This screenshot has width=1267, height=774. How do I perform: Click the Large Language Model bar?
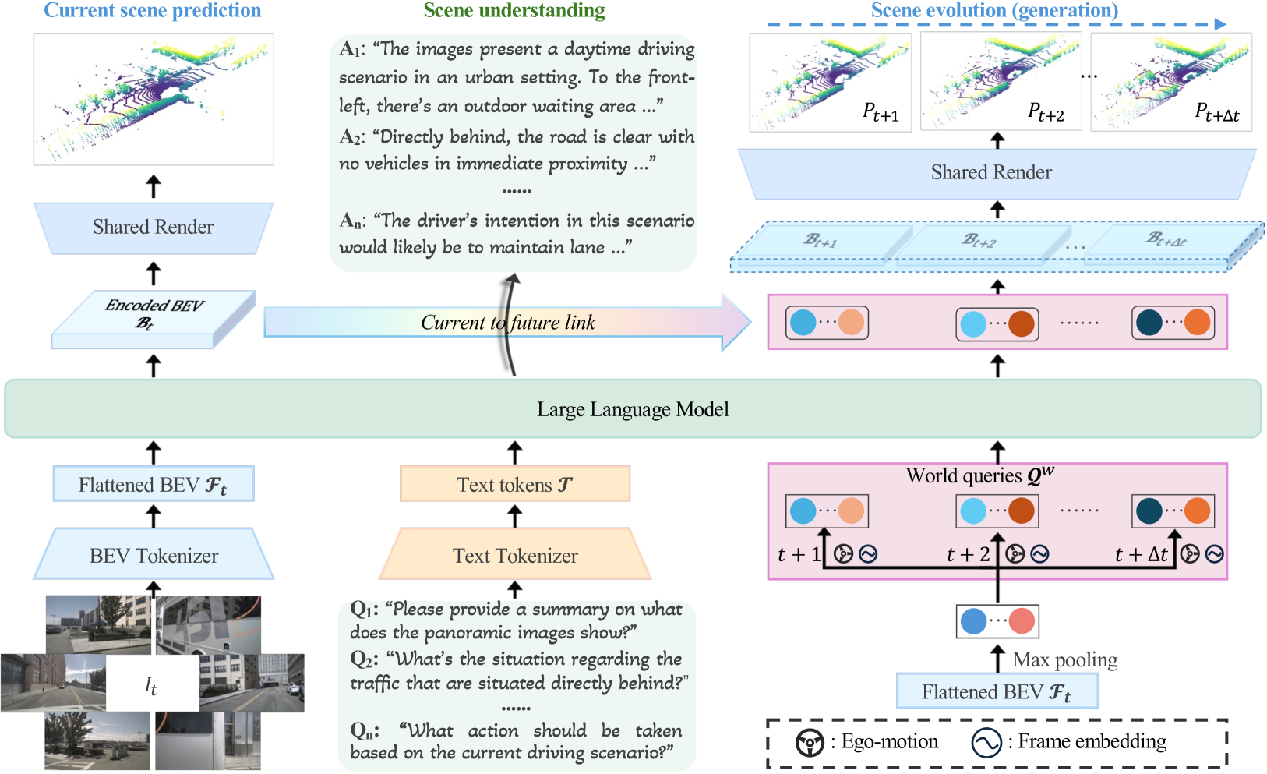click(633, 409)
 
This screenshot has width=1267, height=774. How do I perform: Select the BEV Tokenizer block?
click(154, 555)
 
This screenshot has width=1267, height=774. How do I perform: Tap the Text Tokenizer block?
click(515, 555)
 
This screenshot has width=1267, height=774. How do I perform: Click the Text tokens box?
click(514, 484)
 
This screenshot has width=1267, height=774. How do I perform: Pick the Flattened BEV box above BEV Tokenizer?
click(154, 484)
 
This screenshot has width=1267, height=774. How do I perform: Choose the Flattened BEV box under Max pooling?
click(997, 691)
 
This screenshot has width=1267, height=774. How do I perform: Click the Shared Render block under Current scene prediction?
click(154, 227)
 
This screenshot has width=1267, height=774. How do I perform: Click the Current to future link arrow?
click(506, 322)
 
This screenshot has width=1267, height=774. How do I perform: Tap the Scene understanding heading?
click(514, 10)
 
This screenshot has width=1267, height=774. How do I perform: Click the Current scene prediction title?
click(153, 10)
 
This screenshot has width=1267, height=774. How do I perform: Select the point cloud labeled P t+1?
click(830, 82)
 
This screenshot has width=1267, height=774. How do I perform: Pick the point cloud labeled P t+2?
click(1001, 82)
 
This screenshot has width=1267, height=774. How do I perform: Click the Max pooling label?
click(1064, 660)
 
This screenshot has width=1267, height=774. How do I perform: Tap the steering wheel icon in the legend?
click(810, 743)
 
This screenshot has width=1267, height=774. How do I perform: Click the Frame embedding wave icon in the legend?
click(986, 743)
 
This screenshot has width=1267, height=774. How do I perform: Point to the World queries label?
click(979, 475)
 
